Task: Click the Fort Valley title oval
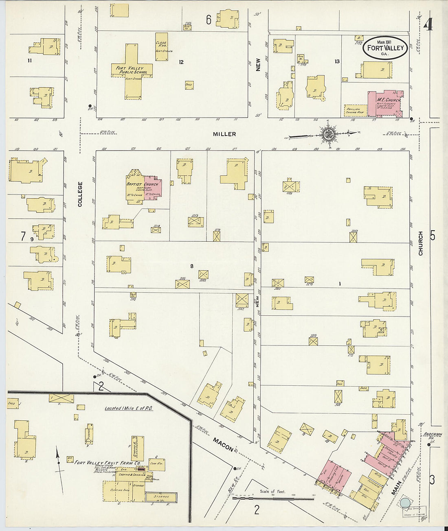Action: tap(385, 48)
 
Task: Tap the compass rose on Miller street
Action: tap(328, 135)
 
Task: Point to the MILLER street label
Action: tap(224, 134)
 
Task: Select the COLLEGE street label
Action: tap(80, 194)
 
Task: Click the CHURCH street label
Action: tap(421, 243)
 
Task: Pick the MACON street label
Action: tap(223, 444)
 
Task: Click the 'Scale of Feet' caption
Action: tap(272, 492)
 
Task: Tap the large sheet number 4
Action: tap(428, 25)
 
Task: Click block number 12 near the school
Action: tap(181, 62)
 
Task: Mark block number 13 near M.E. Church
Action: tap(337, 61)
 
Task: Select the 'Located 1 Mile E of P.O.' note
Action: tap(129, 408)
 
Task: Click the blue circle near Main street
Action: tap(405, 503)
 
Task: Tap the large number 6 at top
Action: tap(209, 20)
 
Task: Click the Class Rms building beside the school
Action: tap(162, 47)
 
